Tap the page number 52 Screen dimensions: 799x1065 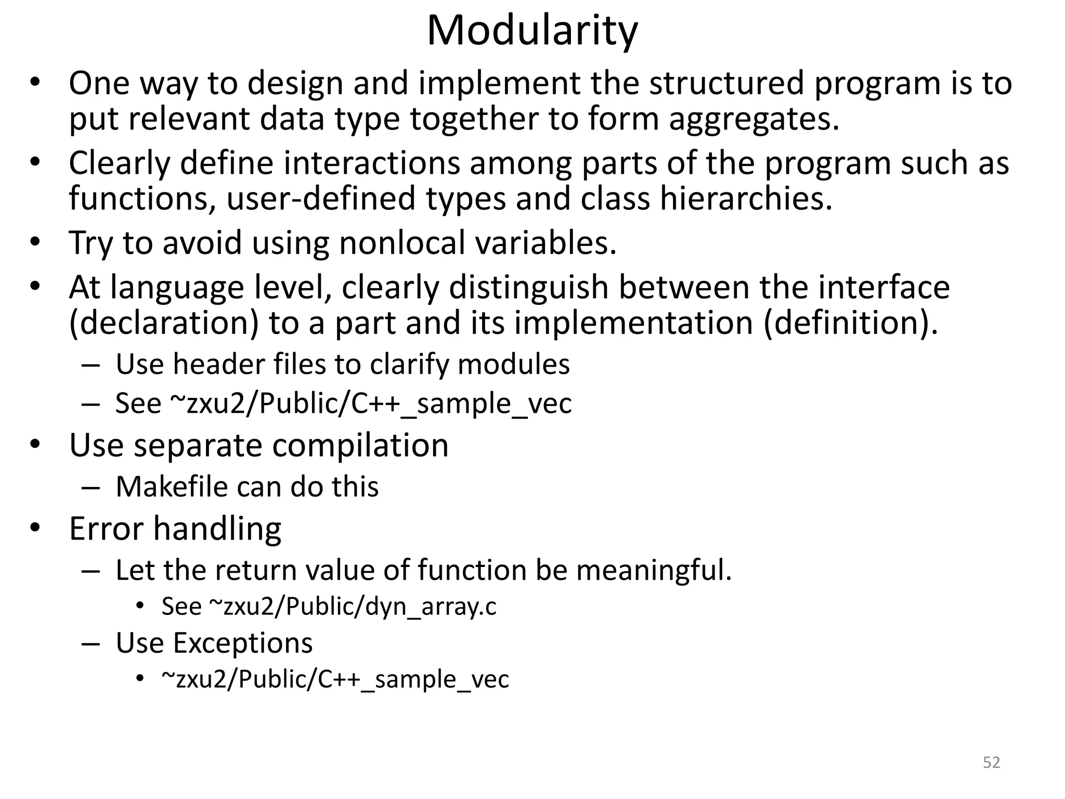tap(991, 762)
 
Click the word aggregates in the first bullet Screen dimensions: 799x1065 tap(754, 119)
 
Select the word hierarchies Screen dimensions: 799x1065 tap(746, 199)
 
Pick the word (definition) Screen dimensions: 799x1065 tap(851, 323)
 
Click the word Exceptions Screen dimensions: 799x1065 tap(242, 643)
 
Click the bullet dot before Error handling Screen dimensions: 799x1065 tap(35, 527)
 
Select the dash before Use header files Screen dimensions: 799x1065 tap(90, 365)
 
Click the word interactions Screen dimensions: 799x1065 tap(372, 163)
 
